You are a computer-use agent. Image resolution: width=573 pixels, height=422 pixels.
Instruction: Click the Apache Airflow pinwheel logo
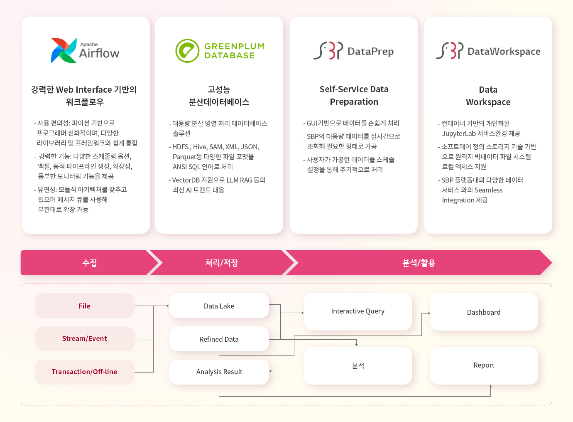(64, 50)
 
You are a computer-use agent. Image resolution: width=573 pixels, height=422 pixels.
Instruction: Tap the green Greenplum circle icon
(187, 51)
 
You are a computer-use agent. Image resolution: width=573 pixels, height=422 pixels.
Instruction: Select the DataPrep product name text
(370, 52)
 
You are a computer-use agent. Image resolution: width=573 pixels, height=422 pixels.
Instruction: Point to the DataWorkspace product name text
(504, 52)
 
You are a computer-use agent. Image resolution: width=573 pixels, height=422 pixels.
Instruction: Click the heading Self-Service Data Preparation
(354, 96)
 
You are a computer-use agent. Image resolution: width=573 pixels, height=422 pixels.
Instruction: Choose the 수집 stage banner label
(90, 263)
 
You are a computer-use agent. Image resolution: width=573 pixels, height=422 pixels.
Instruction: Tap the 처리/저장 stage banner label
(222, 263)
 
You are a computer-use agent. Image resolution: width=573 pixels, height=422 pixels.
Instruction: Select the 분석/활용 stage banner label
(419, 263)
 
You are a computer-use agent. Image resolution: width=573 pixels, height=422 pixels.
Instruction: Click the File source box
(85, 306)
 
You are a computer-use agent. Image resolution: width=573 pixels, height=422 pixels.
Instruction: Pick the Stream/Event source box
(85, 338)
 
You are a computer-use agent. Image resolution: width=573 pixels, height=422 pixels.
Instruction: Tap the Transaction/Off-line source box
(85, 372)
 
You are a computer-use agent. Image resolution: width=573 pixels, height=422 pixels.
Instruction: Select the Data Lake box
(219, 306)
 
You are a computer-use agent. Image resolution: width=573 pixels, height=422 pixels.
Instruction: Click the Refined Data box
(219, 339)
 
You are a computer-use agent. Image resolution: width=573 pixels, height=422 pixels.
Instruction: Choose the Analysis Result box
(219, 372)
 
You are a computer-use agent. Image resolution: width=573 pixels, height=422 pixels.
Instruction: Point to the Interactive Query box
(358, 312)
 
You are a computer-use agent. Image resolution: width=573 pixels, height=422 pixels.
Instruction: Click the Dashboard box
(484, 312)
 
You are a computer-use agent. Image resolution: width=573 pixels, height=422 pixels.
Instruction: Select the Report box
(484, 366)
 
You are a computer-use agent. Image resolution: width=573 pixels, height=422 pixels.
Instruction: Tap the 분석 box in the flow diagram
(358, 366)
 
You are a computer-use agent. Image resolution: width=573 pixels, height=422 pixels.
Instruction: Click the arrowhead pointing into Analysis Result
(270, 371)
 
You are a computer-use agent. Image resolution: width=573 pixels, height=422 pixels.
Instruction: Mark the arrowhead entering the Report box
(491, 386)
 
